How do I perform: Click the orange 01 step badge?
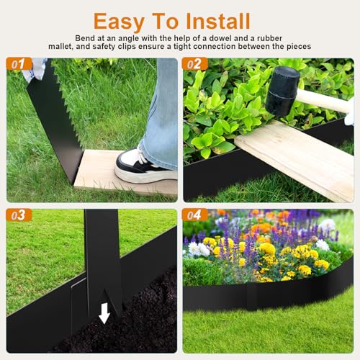point(19,64)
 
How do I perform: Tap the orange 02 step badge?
point(195,64)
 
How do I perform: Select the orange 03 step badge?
point(19,215)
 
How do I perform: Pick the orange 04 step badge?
point(195,215)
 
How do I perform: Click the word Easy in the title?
point(119,22)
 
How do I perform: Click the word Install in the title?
point(218,21)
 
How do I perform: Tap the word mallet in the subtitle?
point(61,46)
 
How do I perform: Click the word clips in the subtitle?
point(127,47)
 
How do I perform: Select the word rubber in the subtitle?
point(269,38)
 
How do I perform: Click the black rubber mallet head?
point(283,91)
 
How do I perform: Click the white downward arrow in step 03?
point(104,313)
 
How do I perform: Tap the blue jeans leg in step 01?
point(161,113)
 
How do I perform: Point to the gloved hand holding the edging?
point(35,70)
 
